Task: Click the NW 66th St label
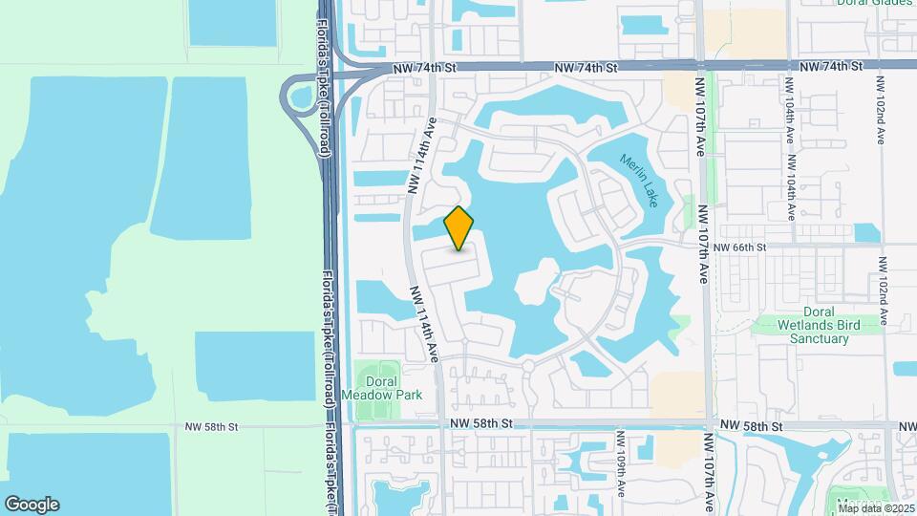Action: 739,247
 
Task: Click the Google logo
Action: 32,505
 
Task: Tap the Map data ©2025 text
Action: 874,507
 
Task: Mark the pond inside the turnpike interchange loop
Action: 303,97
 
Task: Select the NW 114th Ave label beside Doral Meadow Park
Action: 425,324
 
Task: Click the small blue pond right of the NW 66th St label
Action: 867,232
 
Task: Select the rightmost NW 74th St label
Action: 831,67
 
